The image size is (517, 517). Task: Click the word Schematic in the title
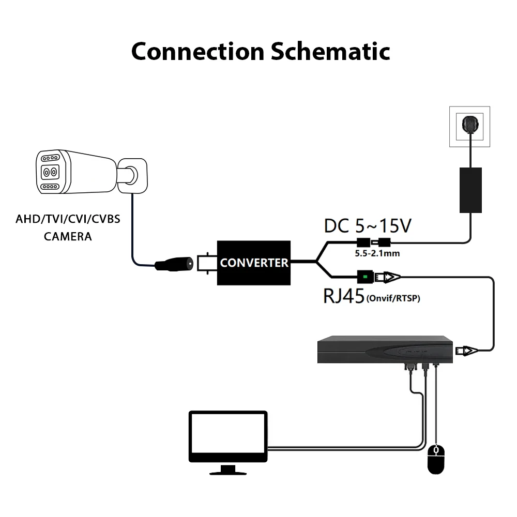point(330,51)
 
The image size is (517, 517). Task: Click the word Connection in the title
point(198,52)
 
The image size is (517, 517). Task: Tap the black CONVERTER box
point(253,263)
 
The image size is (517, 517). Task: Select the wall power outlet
point(469,126)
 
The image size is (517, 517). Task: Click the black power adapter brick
point(470,190)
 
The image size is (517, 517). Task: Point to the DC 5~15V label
point(368,226)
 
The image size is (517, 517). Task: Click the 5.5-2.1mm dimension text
point(377,253)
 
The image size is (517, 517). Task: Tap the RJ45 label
point(344,296)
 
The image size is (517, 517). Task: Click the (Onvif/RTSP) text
point(393,298)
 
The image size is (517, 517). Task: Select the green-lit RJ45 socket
point(366,277)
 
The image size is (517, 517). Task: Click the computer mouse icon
point(436,459)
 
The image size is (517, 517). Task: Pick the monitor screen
point(228,436)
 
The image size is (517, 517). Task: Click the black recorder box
point(385,349)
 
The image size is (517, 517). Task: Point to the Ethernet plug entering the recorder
point(466,351)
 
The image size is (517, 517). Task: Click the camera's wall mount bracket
point(132,176)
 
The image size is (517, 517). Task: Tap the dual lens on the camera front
point(50,172)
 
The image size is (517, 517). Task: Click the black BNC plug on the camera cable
point(174,264)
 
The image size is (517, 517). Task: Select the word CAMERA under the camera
point(68,236)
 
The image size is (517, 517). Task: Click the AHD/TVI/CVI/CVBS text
point(68,219)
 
